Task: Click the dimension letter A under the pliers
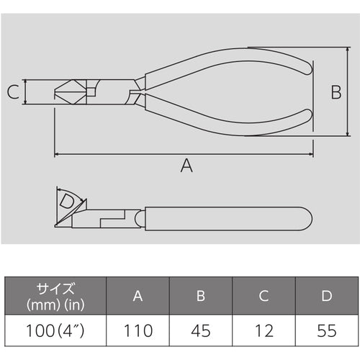[186, 166]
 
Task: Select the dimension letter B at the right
[335, 92]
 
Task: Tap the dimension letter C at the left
[12, 92]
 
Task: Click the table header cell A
[138, 295]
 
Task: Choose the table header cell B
[201, 295]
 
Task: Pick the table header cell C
[264, 295]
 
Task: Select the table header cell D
[325, 295]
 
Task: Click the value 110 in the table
[138, 331]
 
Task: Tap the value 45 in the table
[201, 331]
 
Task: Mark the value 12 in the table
[264, 331]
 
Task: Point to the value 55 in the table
[325, 331]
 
